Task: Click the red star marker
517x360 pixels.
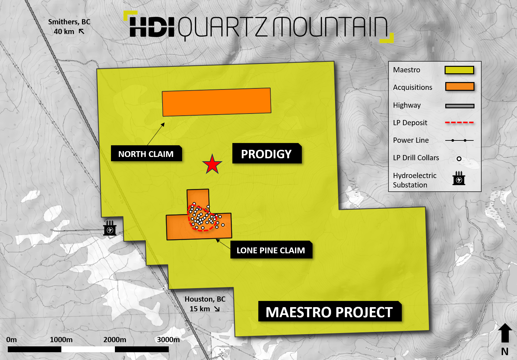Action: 212,164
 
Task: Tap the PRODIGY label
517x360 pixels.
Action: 266,154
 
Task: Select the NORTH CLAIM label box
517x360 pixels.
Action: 146,154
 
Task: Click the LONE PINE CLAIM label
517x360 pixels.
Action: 271,250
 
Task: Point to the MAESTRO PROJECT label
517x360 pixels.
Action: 329,312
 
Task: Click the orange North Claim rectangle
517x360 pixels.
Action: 216,102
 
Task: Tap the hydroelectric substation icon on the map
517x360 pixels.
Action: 110,228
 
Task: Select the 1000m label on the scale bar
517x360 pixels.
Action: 61,340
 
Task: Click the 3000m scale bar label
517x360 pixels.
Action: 168,340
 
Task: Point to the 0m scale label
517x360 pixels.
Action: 11,340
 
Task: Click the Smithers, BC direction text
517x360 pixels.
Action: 69,26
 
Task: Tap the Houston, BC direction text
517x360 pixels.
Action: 205,304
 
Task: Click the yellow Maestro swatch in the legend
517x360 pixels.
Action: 459,70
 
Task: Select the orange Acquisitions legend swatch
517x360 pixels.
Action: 460,87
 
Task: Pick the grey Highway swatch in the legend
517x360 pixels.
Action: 460,106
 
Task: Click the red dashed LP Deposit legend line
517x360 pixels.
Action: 459,123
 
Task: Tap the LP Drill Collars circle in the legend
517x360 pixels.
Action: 459,159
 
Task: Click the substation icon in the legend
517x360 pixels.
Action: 459,178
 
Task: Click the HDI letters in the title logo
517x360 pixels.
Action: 152,27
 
